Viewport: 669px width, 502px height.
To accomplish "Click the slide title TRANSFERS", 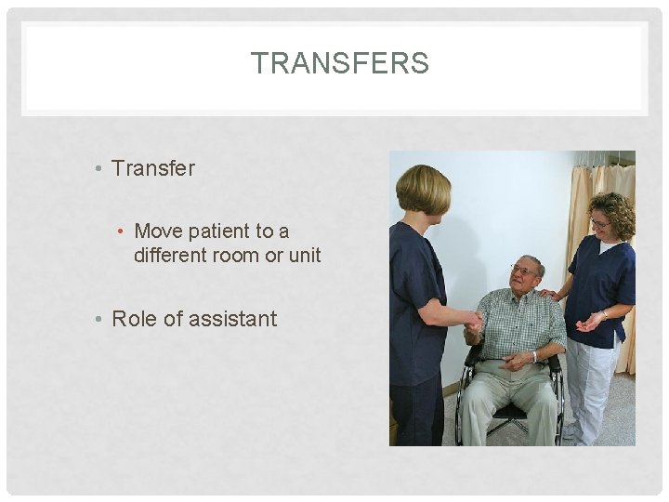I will coord(339,63).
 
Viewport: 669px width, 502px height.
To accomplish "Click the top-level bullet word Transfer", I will coord(153,168).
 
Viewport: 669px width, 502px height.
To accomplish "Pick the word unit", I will coord(303,255).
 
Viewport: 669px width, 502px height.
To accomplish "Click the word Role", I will coord(134,319).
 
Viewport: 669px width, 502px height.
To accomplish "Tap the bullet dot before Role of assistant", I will coord(98,320).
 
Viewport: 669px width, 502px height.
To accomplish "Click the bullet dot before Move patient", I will coord(122,231).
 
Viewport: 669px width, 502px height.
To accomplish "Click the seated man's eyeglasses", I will coord(523,271).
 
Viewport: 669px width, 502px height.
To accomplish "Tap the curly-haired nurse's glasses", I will coord(599,222).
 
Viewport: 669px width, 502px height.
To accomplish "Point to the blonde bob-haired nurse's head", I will coord(423,191).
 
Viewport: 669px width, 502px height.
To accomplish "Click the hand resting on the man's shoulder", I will coord(551,295).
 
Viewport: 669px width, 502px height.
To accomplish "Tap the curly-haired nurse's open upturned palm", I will coord(587,324).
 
